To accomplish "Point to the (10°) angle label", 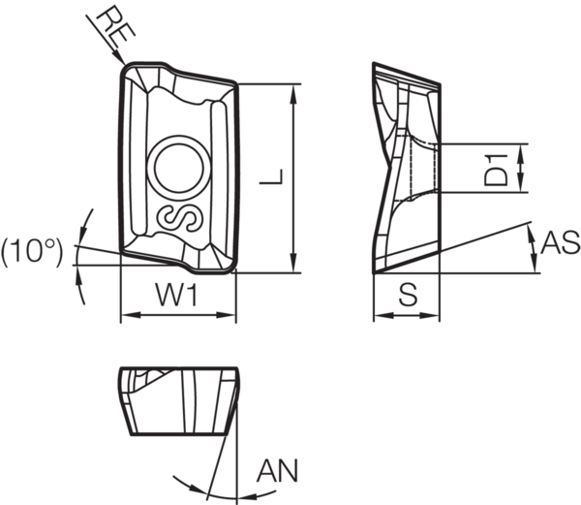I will click(x=32, y=252).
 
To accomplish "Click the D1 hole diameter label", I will click(x=497, y=168).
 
